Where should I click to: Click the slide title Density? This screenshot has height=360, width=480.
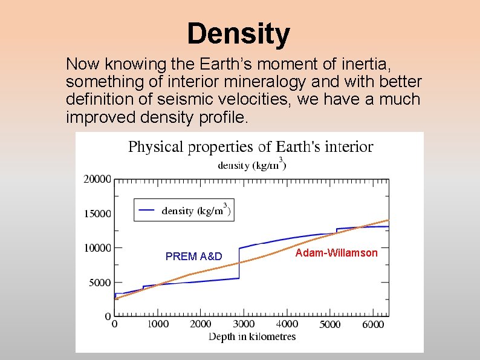point(238,34)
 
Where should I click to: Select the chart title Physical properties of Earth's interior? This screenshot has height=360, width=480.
point(250,147)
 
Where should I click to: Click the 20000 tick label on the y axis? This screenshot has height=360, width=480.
point(97,179)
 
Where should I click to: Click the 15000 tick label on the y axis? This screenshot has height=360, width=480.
point(97,214)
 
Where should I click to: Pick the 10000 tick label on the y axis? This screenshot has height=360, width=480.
point(97,248)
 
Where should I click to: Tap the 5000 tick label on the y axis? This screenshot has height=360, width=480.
point(100,283)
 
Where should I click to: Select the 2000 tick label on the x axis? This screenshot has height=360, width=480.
point(200,324)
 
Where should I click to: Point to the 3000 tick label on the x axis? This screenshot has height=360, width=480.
point(244,324)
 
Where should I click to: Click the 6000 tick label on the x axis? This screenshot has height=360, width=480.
point(372,324)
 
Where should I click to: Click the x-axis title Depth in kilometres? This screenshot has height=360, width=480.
point(252,336)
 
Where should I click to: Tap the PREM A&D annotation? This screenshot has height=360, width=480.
point(193,257)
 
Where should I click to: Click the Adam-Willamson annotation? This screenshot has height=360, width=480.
point(336,253)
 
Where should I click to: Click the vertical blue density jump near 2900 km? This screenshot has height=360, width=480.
point(239,263)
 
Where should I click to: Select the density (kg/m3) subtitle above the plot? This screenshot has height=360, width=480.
point(251,164)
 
